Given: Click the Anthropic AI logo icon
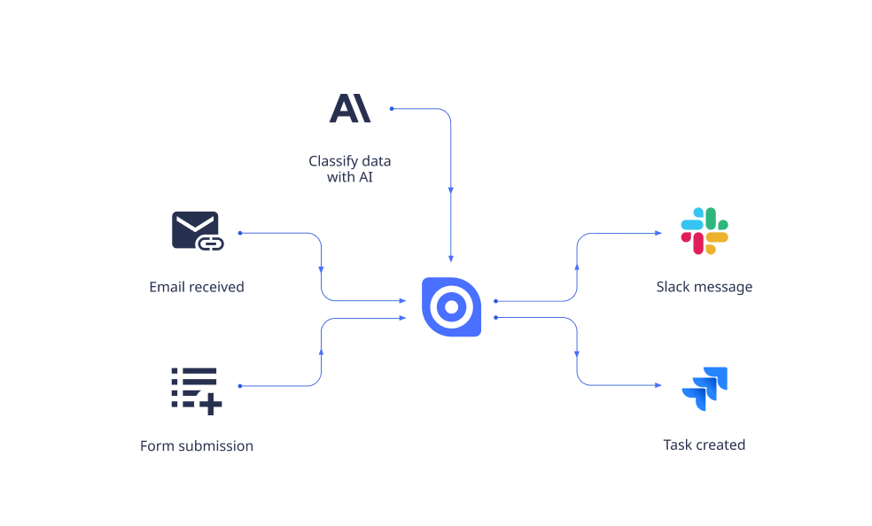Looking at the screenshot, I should (x=350, y=107).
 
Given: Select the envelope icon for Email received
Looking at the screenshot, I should (x=196, y=230).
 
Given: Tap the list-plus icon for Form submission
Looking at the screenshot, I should (x=196, y=390).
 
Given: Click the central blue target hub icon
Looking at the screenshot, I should (x=450, y=306).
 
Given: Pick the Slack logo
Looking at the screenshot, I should (x=705, y=230).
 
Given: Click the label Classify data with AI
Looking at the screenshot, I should (x=350, y=169).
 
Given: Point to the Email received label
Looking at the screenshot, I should (x=196, y=287).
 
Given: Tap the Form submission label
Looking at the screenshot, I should (x=196, y=446).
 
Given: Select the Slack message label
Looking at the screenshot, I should (x=705, y=287).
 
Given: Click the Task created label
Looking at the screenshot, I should (x=705, y=445).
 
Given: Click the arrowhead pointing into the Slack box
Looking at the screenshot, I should (x=658, y=234).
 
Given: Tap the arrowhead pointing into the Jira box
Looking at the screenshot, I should (x=658, y=386).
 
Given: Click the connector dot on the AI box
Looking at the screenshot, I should (x=392, y=109).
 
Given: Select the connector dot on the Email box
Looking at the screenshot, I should (x=239, y=234).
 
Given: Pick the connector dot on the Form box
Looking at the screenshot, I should (x=239, y=386).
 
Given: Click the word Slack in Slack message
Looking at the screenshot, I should (x=673, y=287).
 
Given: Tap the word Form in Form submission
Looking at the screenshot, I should (x=156, y=446).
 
